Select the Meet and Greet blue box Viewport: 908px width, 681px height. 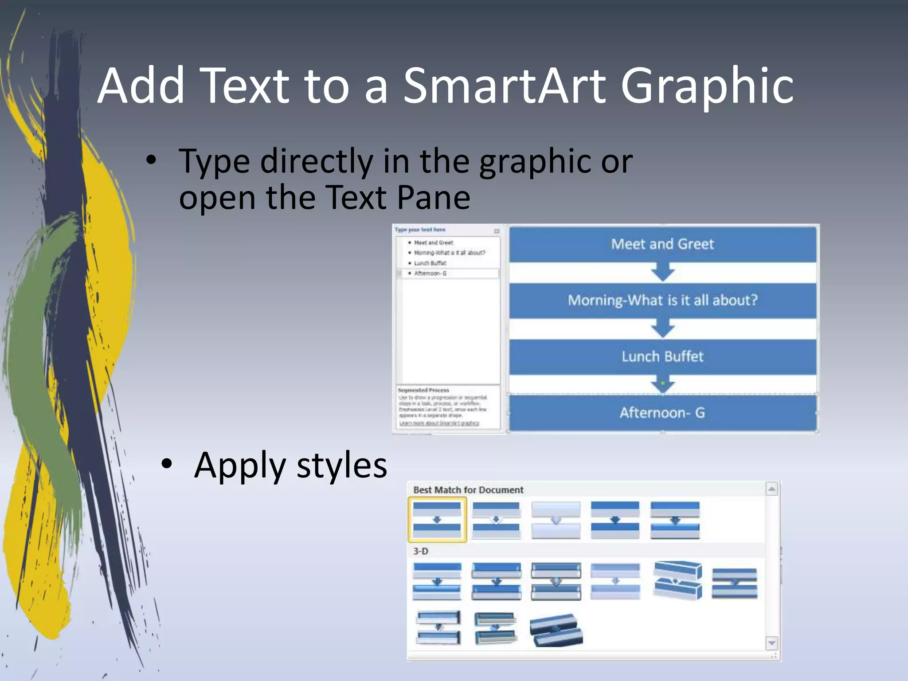[x=662, y=244]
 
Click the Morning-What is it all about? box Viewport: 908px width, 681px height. [x=662, y=300]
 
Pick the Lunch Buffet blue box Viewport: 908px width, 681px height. [x=662, y=356]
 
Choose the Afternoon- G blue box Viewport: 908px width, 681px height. [x=662, y=413]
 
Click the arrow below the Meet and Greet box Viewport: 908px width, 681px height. [x=663, y=271]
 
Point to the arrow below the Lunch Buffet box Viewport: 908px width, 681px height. [x=663, y=384]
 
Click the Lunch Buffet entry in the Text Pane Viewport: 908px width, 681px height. [x=430, y=263]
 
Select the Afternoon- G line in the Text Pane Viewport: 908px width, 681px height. [x=430, y=274]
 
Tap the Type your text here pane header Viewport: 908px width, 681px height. [x=420, y=230]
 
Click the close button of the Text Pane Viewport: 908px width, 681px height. [x=497, y=231]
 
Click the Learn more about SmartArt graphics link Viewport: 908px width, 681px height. [x=439, y=423]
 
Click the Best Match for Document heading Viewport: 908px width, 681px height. [x=468, y=490]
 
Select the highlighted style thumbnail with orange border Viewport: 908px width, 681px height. [x=437, y=520]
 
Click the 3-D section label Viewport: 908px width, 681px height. [x=421, y=551]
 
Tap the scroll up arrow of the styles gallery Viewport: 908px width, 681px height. [x=772, y=489]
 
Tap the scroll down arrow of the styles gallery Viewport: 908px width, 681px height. [x=772, y=643]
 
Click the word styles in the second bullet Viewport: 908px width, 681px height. [x=342, y=465]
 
